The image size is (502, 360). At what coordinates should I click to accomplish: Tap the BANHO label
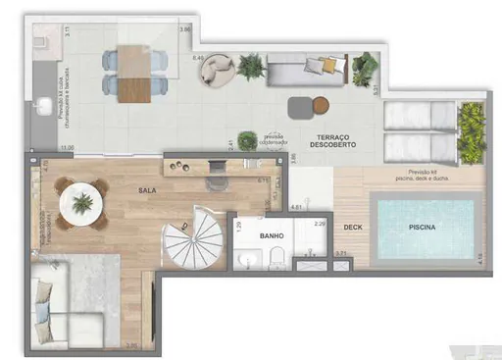[272, 236]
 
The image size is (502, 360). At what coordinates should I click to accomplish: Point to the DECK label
[353, 229]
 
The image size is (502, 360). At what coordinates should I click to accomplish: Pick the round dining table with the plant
[81, 203]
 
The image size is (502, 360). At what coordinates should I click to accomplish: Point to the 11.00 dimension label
[67, 147]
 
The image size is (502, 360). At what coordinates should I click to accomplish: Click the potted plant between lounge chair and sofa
[251, 67]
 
